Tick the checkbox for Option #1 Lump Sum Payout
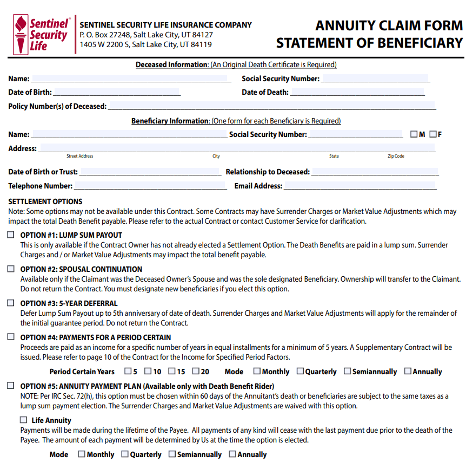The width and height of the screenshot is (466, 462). tap(11, 235)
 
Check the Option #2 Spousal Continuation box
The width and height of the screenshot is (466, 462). tap(11, 269)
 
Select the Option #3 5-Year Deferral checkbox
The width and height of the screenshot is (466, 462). tap(11, 303)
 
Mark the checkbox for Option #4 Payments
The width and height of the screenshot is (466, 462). tap(11, 337)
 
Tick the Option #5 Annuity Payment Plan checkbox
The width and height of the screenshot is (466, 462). tap(11, 386)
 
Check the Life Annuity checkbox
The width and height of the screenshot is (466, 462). tap(23, 420)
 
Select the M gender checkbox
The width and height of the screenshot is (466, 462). tap(414, 134)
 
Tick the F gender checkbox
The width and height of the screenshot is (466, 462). tap(432, 134)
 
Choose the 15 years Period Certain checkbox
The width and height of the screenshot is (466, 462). tap(171, 372)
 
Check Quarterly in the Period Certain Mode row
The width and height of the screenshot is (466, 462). tap(300, 372)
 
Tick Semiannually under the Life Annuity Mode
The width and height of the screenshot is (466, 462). tap(172, 454)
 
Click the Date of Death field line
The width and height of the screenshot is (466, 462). tap(357, 93)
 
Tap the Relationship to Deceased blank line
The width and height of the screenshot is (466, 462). tap(375, 173)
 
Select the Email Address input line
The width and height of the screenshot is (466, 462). tap(360, 187)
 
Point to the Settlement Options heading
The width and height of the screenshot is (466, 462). tap(45, 201)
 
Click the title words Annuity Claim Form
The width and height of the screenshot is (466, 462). tap(389, 25)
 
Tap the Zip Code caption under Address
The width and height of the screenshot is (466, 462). tap(396, 156)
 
